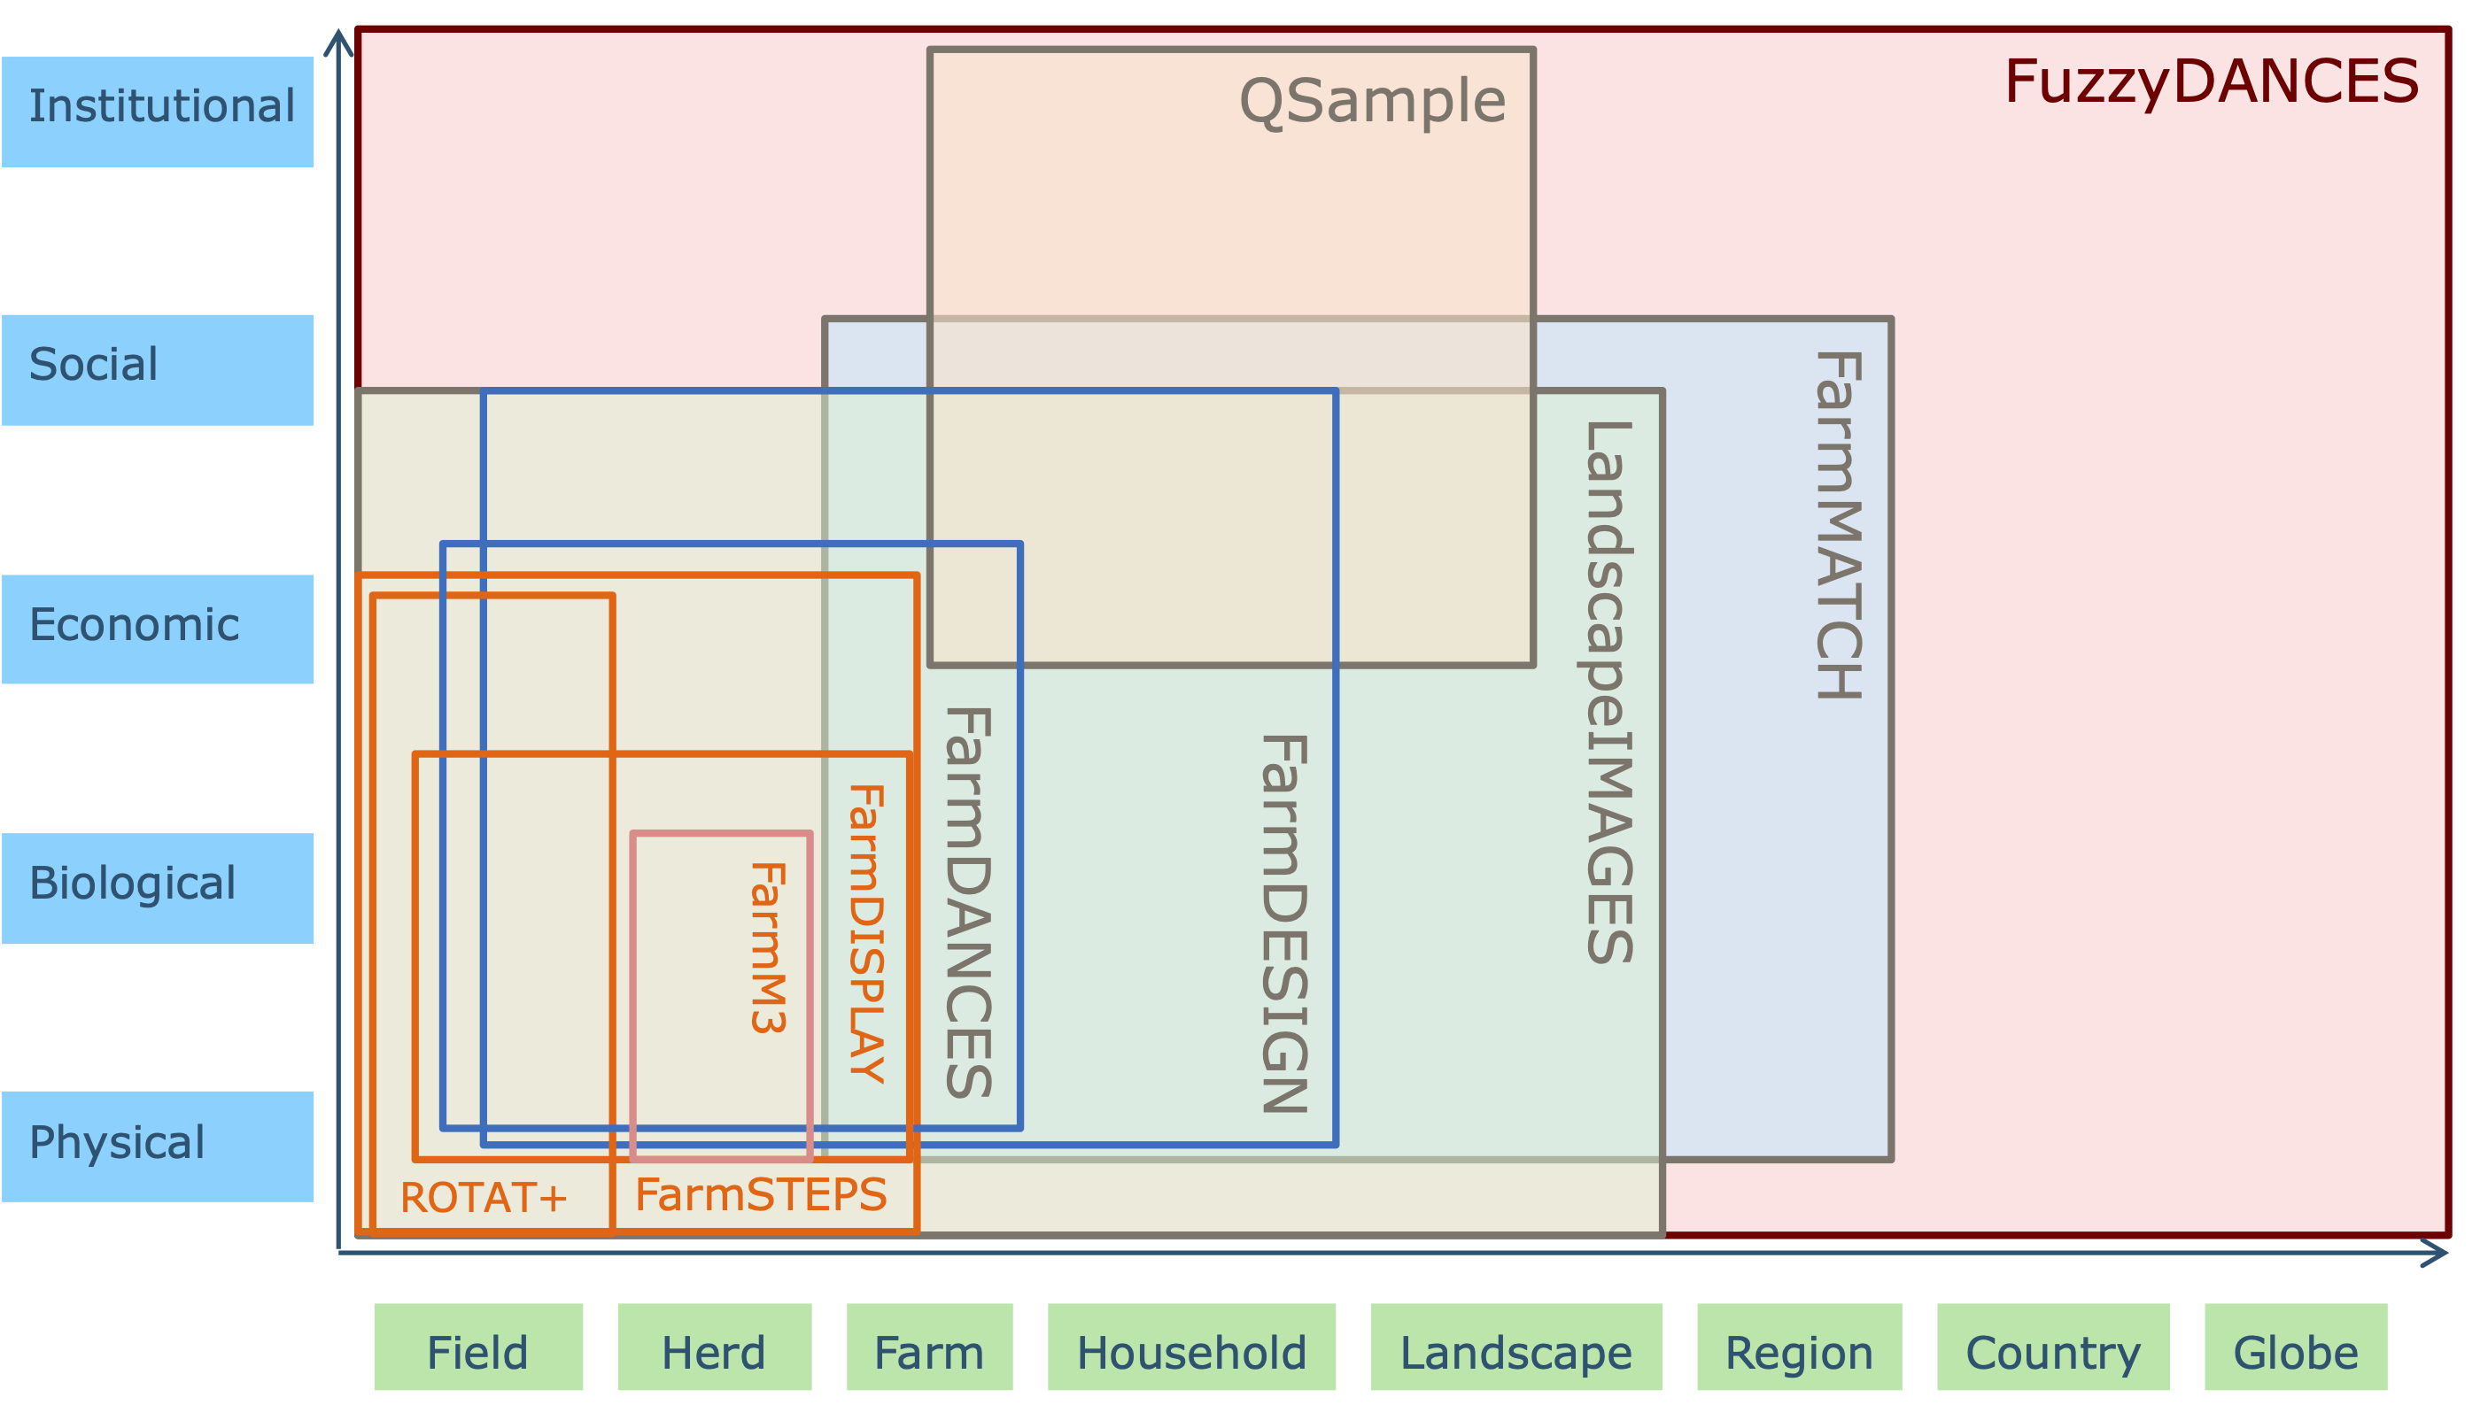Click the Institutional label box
tap(158, 111)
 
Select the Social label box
tap(158, 369)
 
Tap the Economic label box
tap(158, 629)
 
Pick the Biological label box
tap(158, 888)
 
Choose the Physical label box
tap(158, 1146)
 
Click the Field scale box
tap(478, 1347)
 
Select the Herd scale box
tap(715, 1347)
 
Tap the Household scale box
tap(1191, 1347)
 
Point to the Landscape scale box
tap(1515, 1347)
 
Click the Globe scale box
tap(2296, 1347)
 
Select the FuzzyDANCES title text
tap(2211, 81)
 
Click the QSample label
tap(1371, 101)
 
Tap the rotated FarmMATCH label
tap(1838, 525)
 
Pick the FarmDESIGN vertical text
tap(1284, 923)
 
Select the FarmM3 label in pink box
tap(769, 947)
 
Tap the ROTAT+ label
tap(484, 1198)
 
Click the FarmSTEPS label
tap(761, 1194)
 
